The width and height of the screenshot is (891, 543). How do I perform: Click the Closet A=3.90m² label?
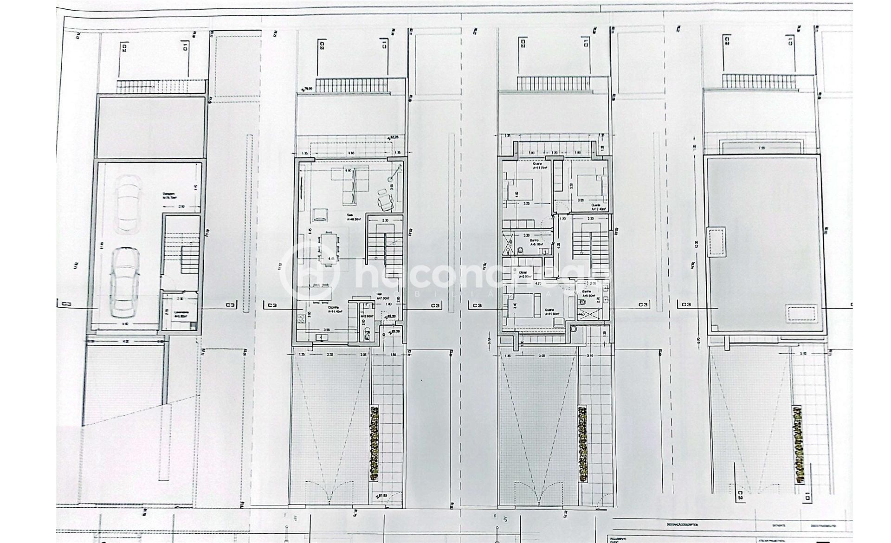(x=525, y=274)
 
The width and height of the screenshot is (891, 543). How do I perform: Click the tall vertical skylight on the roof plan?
(x=716, y=241)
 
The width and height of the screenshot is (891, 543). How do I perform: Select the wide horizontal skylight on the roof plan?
(x=801, y=313)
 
